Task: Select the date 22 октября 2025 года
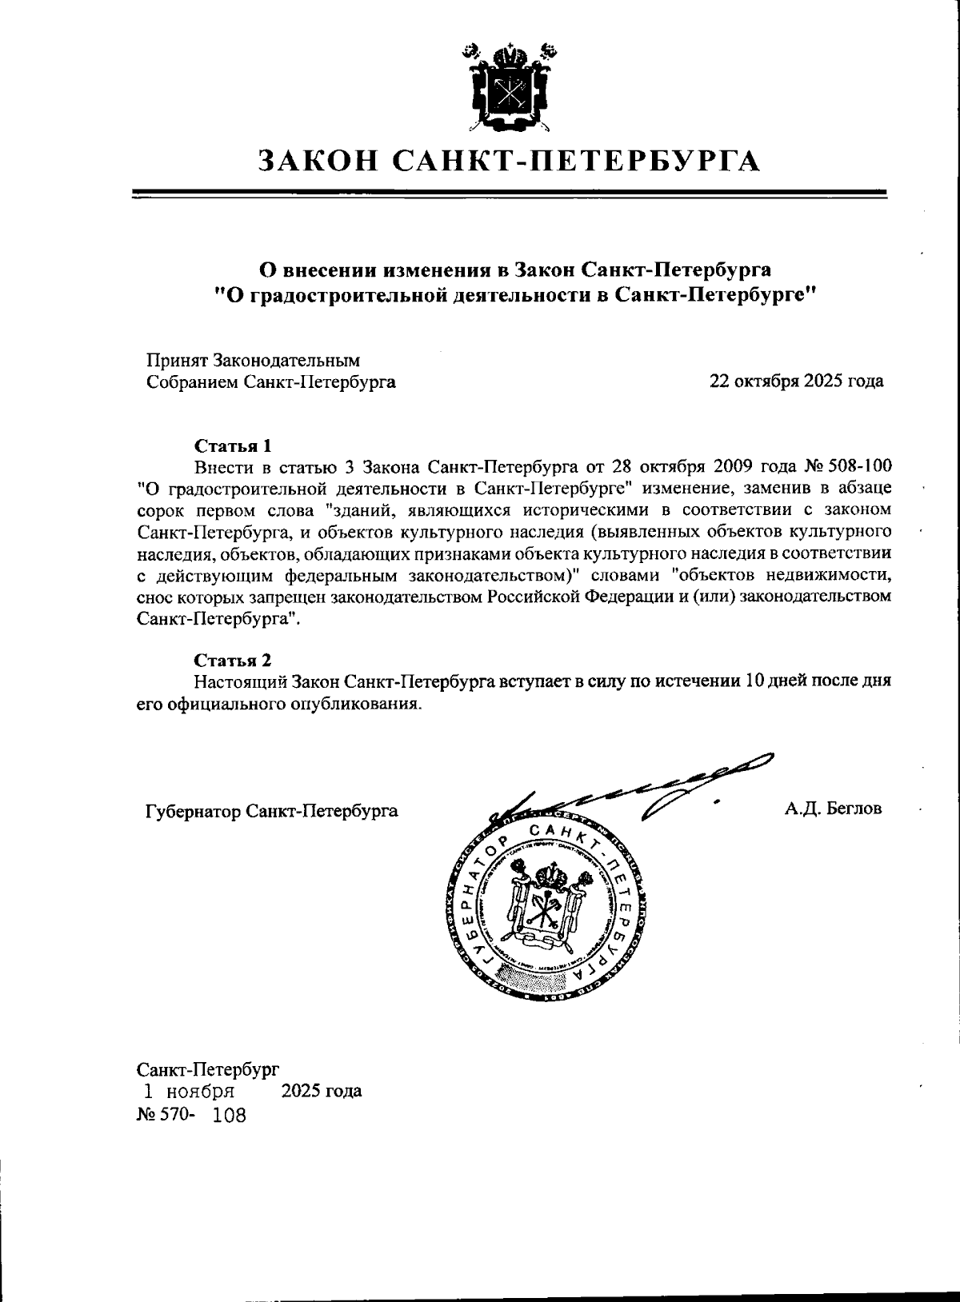[796, 381]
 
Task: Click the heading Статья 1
[233, 445]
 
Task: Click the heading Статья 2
[233, 660]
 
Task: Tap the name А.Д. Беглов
[833, 809]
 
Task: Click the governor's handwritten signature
[640, 788]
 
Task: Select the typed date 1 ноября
[189, 1092]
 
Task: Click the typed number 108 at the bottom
[230, 1116]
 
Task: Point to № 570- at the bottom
[165, 1115]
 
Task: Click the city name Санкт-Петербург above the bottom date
[208, 1068]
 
